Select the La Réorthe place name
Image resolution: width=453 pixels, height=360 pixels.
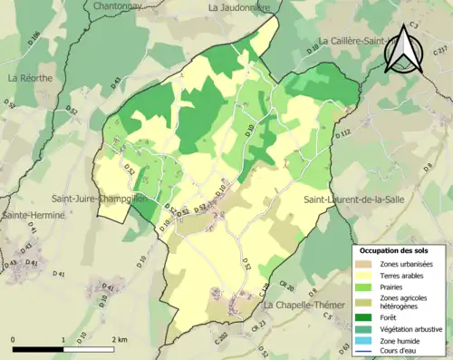point(30,79)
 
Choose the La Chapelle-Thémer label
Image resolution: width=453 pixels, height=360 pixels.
point(305,306)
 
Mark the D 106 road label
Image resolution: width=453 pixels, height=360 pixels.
point(34,40)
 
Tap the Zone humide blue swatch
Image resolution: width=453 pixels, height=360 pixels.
point(361,341)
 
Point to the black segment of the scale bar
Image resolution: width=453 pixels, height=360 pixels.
point(37,348)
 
